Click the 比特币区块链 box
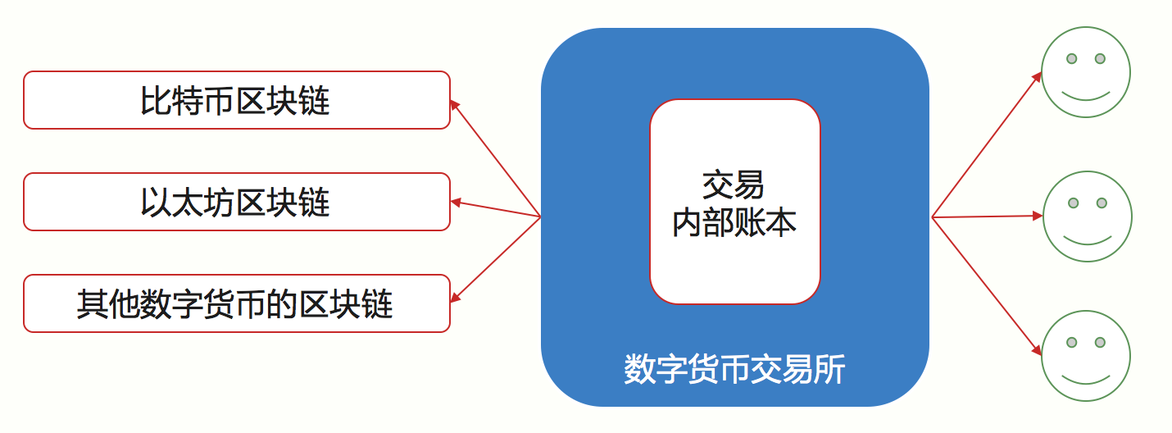[x=237, y=100]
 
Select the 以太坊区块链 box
[x=237, y=202]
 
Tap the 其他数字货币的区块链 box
[x=237, y=303]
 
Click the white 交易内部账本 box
[x=734, y=202]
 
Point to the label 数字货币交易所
[x=734, y=370]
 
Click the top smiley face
[x=1086, y=72]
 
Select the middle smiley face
[x=1088, y=216]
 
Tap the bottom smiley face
[x=1086, y=356]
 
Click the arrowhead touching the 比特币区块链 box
[x=455, y=105]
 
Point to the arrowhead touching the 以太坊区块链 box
[x=456, y=202]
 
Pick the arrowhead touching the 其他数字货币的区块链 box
[x=455, y=297]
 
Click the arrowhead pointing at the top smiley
[x=1037, y=77]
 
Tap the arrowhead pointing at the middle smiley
[x=1038, y=216]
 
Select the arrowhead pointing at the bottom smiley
[x=1037, y=350]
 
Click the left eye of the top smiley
[x=1071, y=59]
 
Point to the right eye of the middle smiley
[x=1102, y=203]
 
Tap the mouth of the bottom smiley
[x=1086, y=379]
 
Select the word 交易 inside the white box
[x=733, y=185]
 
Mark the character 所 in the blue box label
[x=829, y=370]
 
